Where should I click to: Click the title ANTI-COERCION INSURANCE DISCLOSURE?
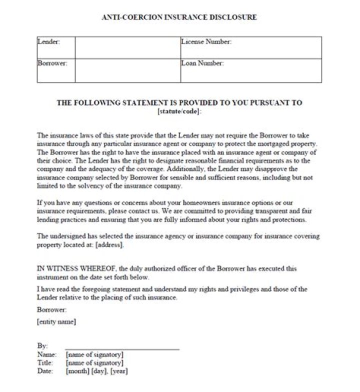179,17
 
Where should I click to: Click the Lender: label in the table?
48,41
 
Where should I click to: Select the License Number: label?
206,42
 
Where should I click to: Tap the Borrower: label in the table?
52,63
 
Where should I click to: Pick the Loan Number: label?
202,63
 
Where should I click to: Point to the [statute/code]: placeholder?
179,111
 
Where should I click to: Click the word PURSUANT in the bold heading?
259,103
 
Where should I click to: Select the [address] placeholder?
108,245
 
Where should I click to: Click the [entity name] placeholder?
56,322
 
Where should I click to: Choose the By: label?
42,346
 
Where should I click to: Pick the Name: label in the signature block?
46,354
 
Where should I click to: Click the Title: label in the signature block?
45,363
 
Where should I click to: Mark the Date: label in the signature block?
45,371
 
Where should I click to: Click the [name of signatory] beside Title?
94,363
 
